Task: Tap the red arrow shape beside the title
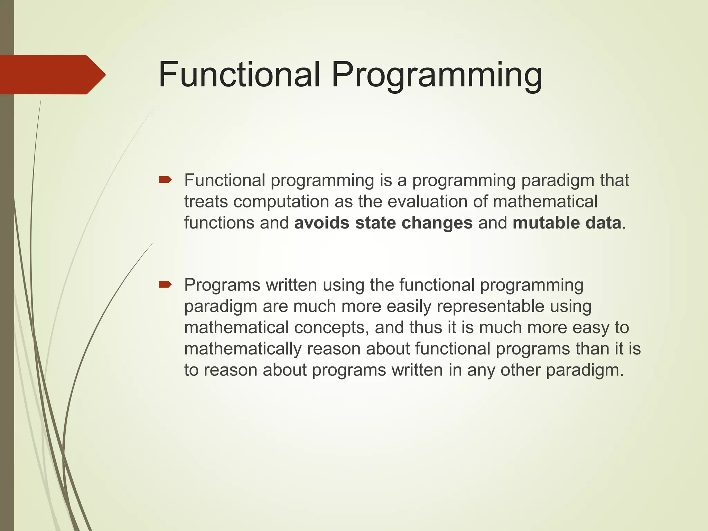pos(52,75)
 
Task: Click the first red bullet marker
pos(165,180)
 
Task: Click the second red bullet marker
pos(165,285)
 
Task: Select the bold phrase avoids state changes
pos(383,223)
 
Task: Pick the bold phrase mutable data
pos(567,223)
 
